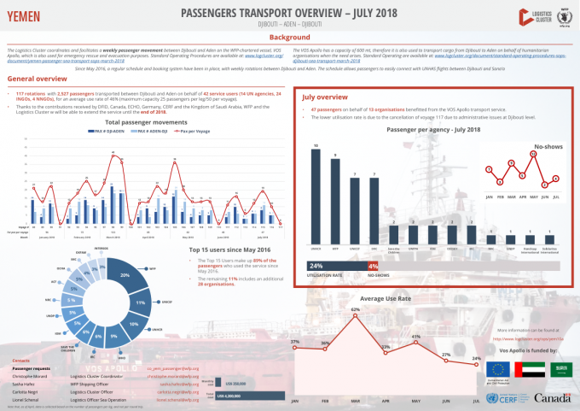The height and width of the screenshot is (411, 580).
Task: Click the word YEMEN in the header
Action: coord(23,15)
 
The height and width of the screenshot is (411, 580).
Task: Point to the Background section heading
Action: coord(289,38)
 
